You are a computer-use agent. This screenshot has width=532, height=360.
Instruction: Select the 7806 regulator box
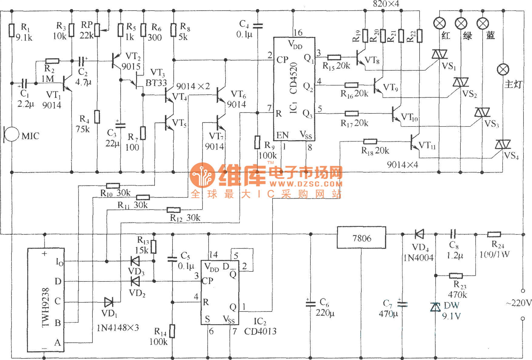(x=361, y=237)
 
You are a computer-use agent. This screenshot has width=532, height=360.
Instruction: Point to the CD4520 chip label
(x=293, y=78)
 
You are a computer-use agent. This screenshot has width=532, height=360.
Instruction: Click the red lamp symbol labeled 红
(x=439, y=23)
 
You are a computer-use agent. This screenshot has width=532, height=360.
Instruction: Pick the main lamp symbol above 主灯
(x=503, y=70)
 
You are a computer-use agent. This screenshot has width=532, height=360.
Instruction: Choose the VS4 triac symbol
(x=503, y=145)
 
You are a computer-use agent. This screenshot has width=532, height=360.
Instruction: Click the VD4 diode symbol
(x=419, y=234)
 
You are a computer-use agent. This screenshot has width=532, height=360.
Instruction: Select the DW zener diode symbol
(x=436, y=307)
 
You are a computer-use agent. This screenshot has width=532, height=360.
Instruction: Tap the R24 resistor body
(x=494, y=234)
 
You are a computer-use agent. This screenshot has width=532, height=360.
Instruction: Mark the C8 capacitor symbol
(x=453, y=234)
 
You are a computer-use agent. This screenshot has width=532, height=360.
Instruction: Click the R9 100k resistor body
(x=257, y=142)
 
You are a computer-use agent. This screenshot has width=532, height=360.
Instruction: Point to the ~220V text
(x=519, y=303)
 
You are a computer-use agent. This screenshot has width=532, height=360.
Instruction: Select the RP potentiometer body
(x=97, y=30)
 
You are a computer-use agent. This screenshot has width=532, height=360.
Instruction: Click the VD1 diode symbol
(x=109, y=302)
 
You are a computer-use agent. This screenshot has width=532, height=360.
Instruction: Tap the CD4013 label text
(x=260, y=331)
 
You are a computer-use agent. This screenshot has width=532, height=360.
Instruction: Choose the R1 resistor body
(x=12, y=30)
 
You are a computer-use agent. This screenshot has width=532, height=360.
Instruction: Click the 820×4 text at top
(x=386, y=4)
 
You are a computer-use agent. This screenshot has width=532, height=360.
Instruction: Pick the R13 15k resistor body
(x=154, y=247)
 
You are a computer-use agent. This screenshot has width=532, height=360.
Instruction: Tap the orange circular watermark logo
(x=202, y=175)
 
